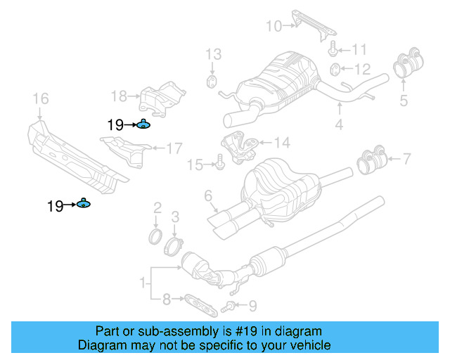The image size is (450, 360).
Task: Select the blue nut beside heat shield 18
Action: tap(143, 125)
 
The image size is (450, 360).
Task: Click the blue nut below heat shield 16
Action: tap(83, 205)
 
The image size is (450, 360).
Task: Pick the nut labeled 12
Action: tap(336, 69)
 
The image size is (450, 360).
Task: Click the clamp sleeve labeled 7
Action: tap(373, 161)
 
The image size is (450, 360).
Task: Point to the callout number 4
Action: tap(339, 126)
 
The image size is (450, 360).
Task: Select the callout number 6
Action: tap(208, 194)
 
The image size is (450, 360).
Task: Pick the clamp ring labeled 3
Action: tap(175, 246)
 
